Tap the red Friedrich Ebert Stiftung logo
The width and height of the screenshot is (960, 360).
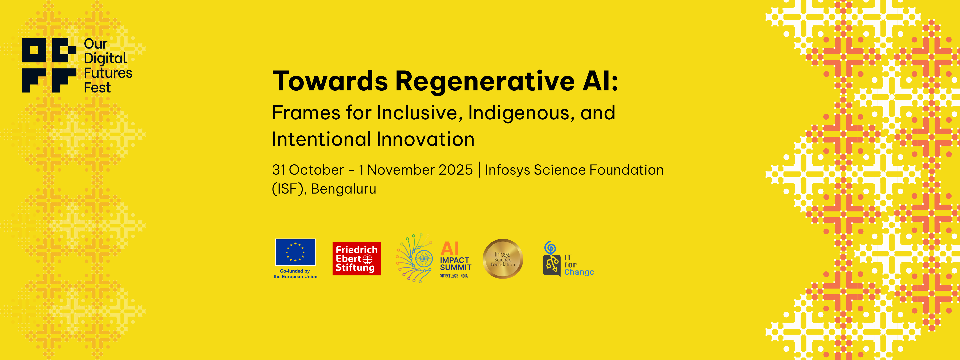pos(357,259)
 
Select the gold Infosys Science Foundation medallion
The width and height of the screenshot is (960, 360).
pos(503,259)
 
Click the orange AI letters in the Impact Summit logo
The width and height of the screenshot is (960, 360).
pos(450,249)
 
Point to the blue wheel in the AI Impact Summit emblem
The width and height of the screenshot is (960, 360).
pos(424,259)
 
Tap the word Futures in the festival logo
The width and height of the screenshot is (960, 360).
pos(108,73)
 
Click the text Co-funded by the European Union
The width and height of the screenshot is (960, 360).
pos(295,274)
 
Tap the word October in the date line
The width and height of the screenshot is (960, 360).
pos(316,170)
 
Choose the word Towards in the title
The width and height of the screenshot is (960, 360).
pos(330,81)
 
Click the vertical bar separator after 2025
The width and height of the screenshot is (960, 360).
pos(479,170)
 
